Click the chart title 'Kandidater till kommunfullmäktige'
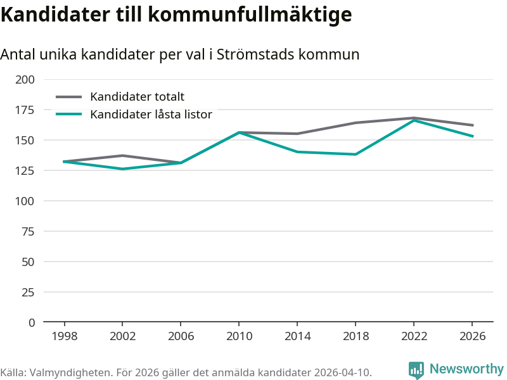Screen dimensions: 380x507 tap(176, 15)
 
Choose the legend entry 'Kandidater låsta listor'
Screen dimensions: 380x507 tap(151, 115)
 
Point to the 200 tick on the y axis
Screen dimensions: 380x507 tap(25, 80)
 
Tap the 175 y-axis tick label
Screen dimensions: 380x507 tap(25, 110)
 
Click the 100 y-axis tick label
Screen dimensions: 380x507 tap(25, 201)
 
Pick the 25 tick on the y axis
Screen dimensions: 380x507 tap(28, 292)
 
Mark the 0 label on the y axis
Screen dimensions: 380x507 tap(32, 322)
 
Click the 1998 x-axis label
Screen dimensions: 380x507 tap(65, 336)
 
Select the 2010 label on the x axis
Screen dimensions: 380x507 tap(239, 336)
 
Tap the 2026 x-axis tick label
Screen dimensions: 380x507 tap(472, 336)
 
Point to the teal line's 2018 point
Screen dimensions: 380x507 tap(356, 155)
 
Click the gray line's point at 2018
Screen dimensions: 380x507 tap(356, 123)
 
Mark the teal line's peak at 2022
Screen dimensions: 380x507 tap(414, 120)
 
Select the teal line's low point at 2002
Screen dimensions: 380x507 tap(123, 169)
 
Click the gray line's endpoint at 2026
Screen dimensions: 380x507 tap(472, 125)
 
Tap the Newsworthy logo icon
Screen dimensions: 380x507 tap(416, 370)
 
